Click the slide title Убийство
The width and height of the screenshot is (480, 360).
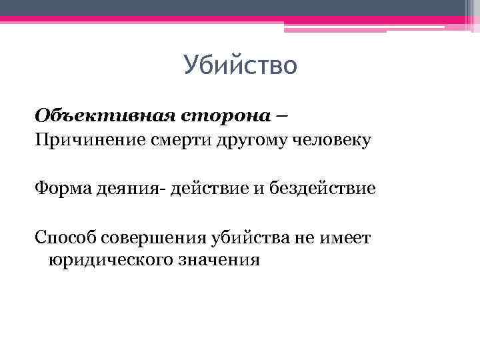[239, 67]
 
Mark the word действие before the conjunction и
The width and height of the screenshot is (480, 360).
[209, 189]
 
